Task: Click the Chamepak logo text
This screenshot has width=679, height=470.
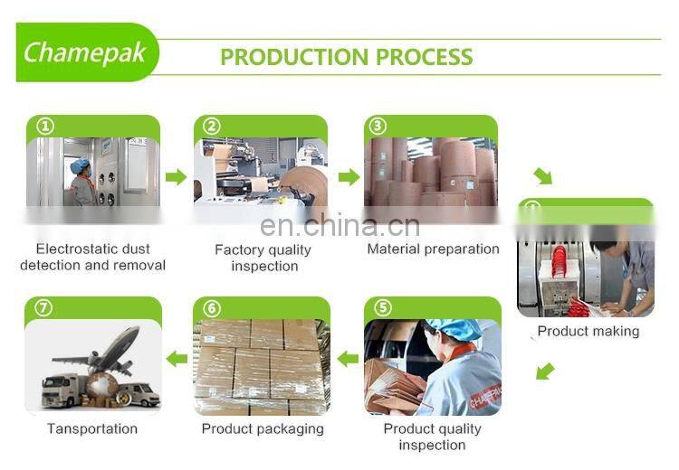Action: click(84, 52)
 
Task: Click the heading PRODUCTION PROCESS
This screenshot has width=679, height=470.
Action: click(346, 57)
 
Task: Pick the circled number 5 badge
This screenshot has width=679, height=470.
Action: click(383, 308)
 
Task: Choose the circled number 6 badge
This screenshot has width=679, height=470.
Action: click(212, 308)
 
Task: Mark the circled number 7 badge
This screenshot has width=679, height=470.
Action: click(43, 308)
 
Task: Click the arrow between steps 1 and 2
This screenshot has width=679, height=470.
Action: click(177, 176)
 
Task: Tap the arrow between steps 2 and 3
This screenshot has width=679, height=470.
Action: click(349, 176)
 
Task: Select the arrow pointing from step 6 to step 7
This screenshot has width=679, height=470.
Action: click(177, 359)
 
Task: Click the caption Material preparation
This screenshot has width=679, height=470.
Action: click(433, 249)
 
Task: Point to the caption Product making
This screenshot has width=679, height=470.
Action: click(588, 331)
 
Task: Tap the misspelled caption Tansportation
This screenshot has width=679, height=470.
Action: click(92, 428)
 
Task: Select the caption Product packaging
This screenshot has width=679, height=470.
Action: click(262, 428)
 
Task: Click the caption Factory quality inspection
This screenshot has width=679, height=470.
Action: click(263, 258)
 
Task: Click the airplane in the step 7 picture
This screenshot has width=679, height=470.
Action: click(109, 347)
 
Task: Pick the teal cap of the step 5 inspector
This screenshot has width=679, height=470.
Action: click(452, 329)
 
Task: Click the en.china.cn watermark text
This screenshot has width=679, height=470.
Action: click(339, 226)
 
